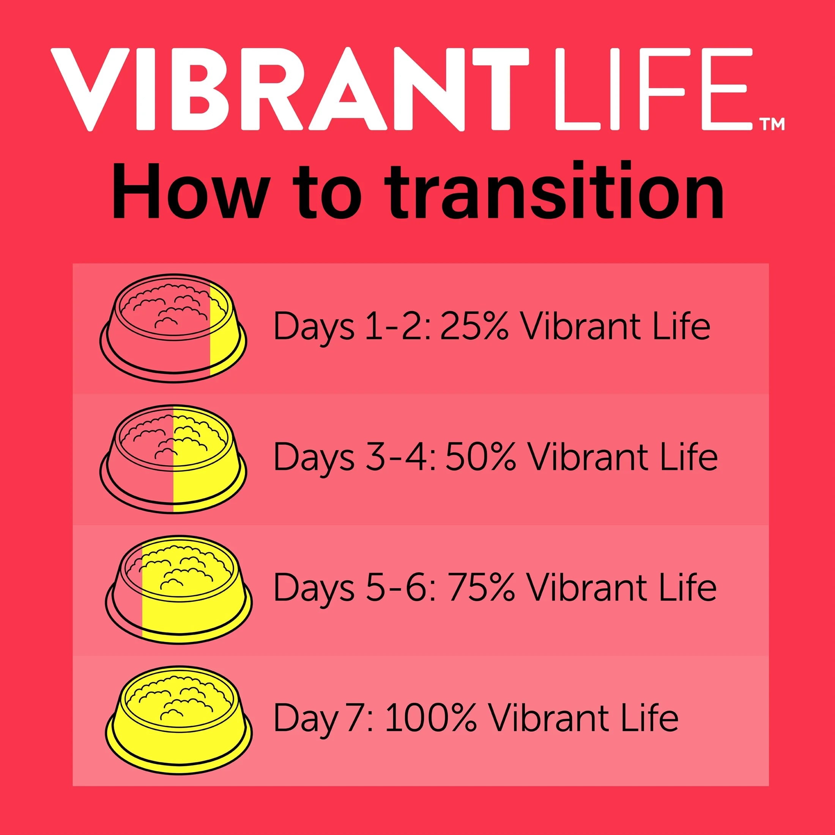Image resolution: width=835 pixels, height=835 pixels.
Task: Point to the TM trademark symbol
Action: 772,124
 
